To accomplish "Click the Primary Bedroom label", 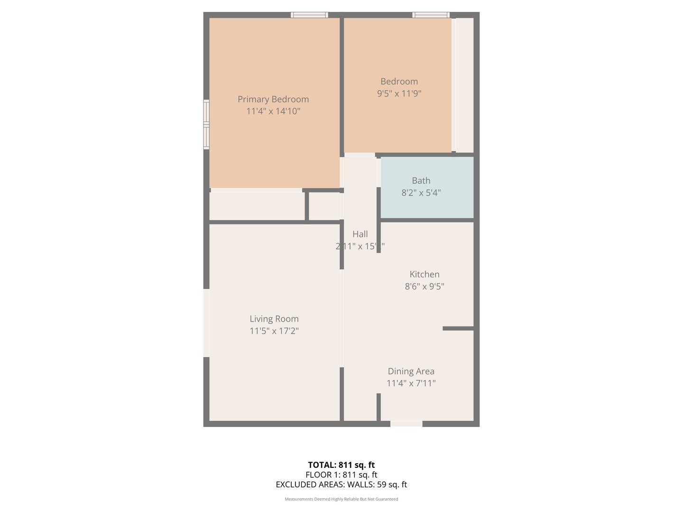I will pos(273,99).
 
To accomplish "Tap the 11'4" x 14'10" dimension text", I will pos(273,111).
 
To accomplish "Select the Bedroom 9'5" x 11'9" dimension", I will pos(399,94).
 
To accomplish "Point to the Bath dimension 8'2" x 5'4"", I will pos(421,193).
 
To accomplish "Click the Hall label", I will pos(360,234).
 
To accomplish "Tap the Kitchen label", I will pos(425,275).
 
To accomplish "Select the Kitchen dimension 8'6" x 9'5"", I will pos(425,286).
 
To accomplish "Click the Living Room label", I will pos(274,319).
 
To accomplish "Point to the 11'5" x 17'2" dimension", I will pos(274,331).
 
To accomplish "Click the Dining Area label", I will pos(411,371).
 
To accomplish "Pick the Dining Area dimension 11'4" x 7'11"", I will pos(411,383).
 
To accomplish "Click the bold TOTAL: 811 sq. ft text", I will pos(341,465).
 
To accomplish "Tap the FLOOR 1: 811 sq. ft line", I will pos(341,475).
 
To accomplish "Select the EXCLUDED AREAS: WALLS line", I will pos(341,484).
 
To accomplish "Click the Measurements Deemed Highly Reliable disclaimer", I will pos(341,499).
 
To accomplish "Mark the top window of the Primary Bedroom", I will pos(309,15).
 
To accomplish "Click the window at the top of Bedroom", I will pos(431,15).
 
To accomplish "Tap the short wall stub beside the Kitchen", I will pos(458,328).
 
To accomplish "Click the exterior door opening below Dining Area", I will pos(406,424).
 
